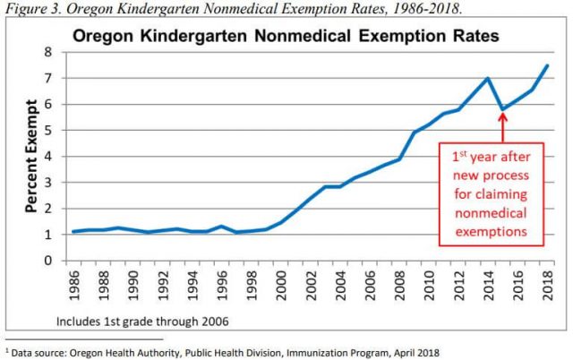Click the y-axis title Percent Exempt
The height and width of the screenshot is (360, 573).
[x=30, y=157]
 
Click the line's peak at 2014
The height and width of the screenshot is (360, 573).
[x=488, y=78]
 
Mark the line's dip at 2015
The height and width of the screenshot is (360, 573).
[x=502, y=109]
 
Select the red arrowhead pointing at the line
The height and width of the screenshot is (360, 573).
[x=502, y=116]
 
